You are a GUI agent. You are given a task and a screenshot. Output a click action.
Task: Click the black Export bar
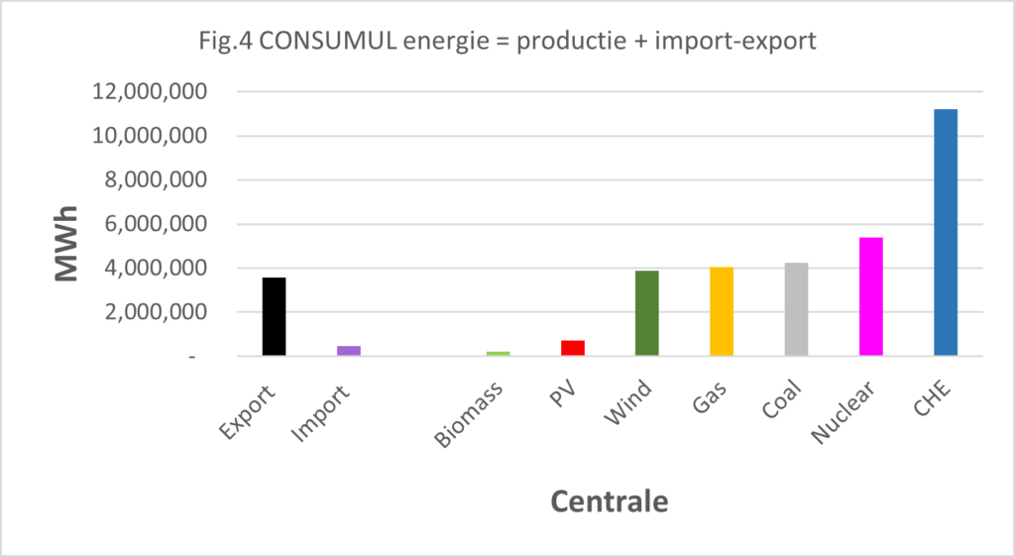point(274,316)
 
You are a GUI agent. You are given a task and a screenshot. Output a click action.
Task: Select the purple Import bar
point(349,351)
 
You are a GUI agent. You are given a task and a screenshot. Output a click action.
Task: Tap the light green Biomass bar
point(499,353)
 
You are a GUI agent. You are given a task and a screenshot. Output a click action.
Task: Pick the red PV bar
point(573,348)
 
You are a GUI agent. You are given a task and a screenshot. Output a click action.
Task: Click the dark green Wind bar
point(647,313)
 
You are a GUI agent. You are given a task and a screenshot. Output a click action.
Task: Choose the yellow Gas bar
point(722,311)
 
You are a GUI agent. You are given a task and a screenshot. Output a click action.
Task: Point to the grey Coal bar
point(796,309)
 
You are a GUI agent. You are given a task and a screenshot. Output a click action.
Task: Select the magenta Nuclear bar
point(871,296)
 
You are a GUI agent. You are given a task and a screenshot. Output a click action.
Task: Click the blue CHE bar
point(946,232)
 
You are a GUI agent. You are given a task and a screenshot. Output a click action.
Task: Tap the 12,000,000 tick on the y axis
point(150,92)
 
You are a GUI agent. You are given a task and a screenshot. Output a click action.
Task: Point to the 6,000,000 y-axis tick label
point(156,224)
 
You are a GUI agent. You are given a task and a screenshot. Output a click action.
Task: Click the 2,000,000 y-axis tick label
point(156,312)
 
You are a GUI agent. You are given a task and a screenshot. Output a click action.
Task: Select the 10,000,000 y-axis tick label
point(150,136)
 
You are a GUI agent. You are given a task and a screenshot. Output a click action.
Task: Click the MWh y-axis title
point(66,244)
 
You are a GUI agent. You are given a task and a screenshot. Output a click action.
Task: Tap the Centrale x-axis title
point(610,501)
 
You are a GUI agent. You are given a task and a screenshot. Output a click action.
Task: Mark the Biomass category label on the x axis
point(469,414)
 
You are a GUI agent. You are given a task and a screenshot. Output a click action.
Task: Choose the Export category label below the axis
point(247,411)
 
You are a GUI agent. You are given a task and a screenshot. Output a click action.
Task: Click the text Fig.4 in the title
point(226,42)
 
